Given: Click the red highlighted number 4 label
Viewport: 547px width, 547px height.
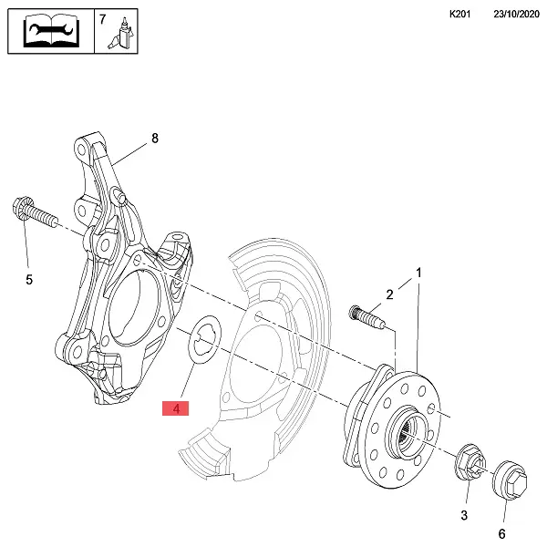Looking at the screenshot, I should (175, 409).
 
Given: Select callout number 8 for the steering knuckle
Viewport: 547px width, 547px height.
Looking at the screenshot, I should (154, 139).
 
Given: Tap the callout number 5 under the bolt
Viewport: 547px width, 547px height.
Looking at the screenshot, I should (28, 280).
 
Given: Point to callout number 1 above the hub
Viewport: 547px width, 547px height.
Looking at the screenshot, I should (419, 273).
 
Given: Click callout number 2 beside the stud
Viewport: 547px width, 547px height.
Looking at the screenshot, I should (389, 294).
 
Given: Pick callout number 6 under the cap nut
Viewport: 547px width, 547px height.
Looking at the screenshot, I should (501, 532).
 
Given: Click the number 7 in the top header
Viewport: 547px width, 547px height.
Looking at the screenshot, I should (102, 19).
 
